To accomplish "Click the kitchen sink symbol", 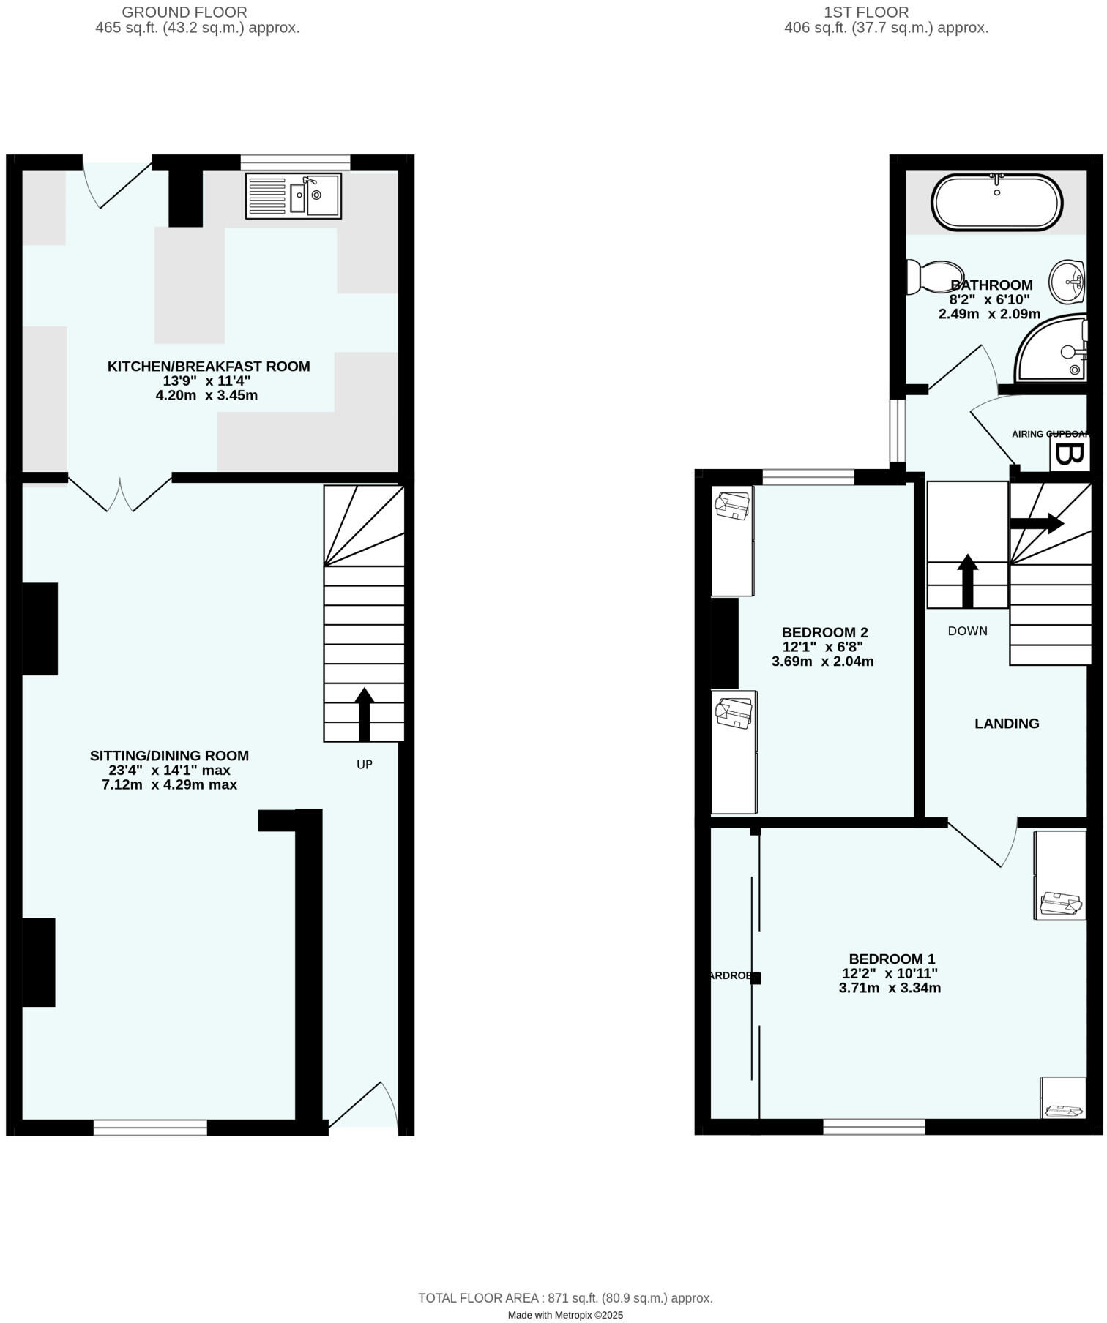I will (294, 196).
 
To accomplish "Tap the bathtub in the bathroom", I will (996, 203).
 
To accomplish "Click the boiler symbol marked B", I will (1069, 454).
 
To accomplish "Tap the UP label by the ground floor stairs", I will (365, 765).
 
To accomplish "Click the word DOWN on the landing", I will (967, 631).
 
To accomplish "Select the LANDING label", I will (1007, 724).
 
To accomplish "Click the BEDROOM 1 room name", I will (891, 959).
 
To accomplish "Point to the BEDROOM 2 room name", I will (824, 632).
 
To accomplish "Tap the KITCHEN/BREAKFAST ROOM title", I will (209, 367).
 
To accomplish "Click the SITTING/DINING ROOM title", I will (169, 756).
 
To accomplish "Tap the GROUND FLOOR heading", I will (184, 12).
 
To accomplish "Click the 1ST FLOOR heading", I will (866, 12).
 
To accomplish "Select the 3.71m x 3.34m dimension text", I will (890, 988).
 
